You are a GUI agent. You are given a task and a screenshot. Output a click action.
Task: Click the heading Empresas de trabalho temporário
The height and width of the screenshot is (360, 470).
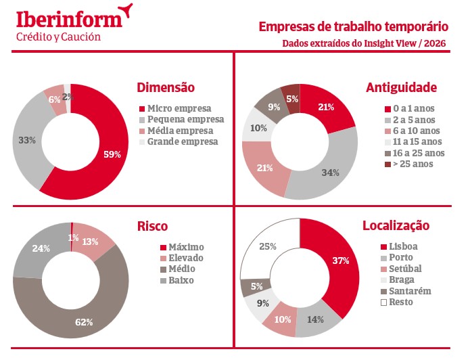tap(354, 28)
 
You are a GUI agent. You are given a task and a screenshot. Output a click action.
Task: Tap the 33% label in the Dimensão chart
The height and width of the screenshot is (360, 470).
tap(27, 140)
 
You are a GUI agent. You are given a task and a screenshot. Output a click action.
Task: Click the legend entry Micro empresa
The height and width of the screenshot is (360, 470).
tap(179, 108)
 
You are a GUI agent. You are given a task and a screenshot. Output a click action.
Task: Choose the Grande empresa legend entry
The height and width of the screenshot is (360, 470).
tap(183, 141)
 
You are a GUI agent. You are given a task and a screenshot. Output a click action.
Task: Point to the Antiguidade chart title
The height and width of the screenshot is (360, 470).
tap(401, 87)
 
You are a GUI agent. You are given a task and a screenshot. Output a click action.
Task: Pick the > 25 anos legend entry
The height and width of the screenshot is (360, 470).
tap(412, 164)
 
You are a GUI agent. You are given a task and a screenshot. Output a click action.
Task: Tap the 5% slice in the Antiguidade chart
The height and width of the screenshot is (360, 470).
tap(291, 99)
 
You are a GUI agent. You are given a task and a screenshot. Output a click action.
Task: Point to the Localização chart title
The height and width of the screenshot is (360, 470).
tap(396, 226)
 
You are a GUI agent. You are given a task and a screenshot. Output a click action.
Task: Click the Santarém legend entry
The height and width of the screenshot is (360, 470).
tap(408, 291)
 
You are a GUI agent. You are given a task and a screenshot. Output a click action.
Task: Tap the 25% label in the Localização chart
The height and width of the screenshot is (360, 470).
tap(268, 246)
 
